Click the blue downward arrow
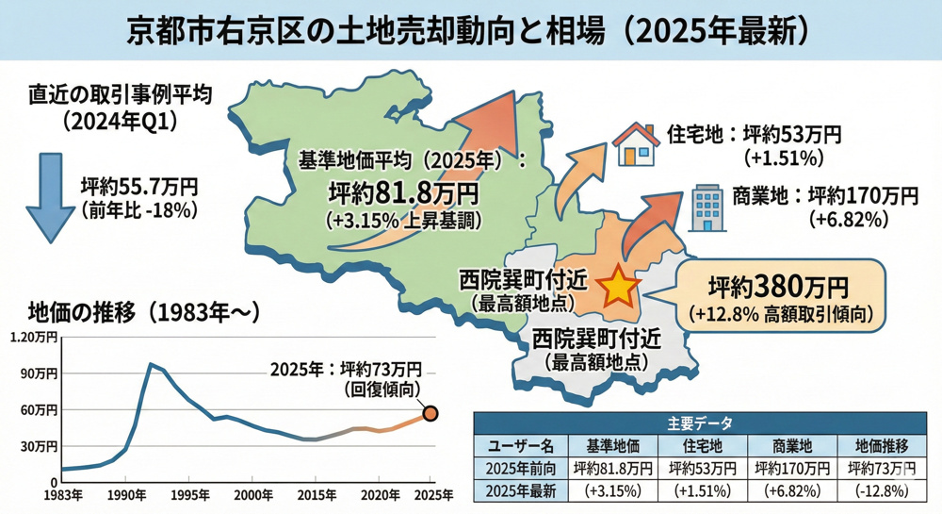coord(44,197)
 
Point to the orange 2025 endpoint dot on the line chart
coord(430,413)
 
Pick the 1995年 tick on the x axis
coord(189,493)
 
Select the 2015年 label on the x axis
coord(315,493)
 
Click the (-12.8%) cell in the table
coord(882,490)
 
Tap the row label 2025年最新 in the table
coord(522,490)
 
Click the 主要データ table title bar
coord(698,423)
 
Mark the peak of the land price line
coord(151,364)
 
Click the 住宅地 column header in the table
coord(702,445)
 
